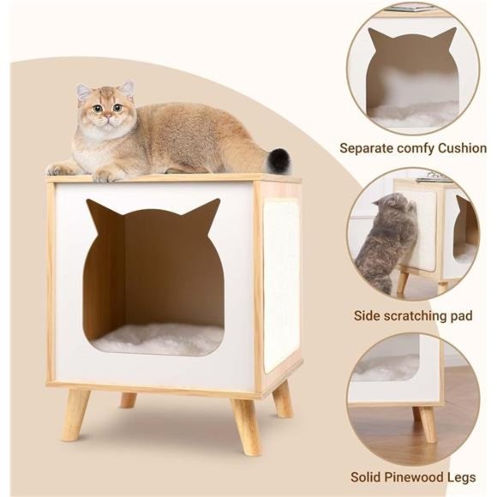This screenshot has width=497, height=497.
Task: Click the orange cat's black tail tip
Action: click(280, 159)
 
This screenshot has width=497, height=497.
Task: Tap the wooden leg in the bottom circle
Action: click(426, 423)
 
